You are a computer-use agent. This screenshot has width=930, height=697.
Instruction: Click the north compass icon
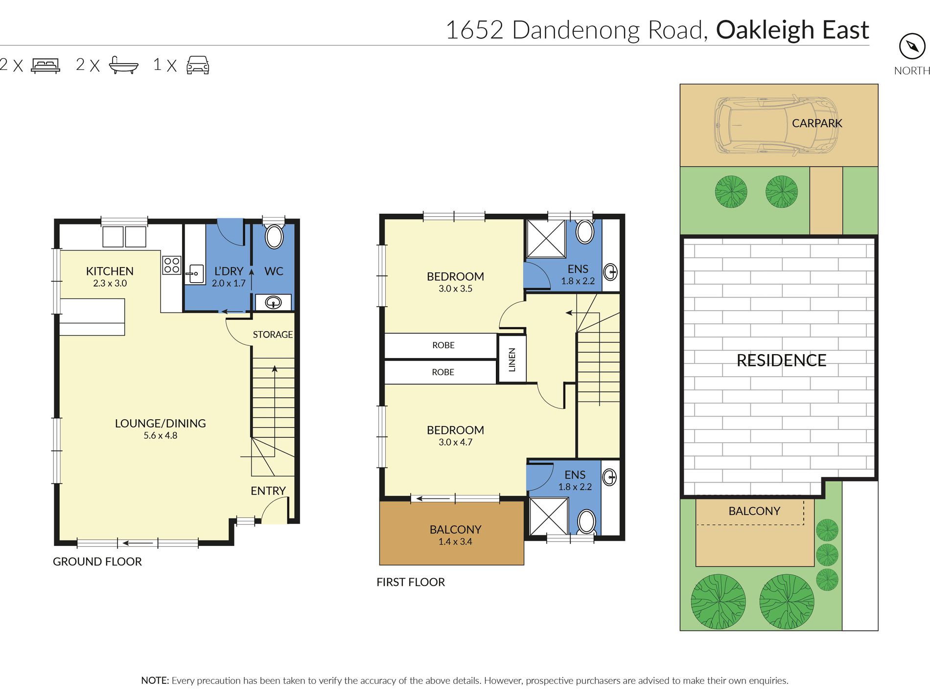click(912, 46)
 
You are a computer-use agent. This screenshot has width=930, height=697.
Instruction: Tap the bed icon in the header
click(46, 66)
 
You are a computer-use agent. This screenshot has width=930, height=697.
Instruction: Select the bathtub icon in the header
click(123, 66)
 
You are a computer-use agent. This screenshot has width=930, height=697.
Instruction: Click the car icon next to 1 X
click(198, 65)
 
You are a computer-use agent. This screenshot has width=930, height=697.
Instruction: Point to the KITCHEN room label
click(110, 271)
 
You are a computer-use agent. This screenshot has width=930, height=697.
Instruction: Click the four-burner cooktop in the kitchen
click(172, 265)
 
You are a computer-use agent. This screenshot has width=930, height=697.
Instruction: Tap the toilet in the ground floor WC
click(274, 237)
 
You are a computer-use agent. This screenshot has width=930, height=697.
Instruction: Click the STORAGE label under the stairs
click(273, 335)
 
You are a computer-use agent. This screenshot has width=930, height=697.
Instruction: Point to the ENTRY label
click(268, 491)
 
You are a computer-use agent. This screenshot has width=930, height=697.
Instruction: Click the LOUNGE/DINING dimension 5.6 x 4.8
click(161, 436)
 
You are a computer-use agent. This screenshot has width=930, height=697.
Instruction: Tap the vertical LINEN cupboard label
click(512, 360)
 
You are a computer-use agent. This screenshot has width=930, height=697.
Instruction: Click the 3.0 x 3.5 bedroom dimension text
click(455, 289)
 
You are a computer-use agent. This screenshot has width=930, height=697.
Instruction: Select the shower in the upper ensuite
click(546, 239)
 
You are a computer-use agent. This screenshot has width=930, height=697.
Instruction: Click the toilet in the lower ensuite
click(586, 521)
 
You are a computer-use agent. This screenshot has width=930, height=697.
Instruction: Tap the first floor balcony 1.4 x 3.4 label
click(455, 542)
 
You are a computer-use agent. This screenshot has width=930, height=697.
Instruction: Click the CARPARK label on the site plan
click(817, 123)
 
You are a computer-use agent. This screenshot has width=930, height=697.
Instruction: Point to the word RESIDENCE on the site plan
click(781, 360)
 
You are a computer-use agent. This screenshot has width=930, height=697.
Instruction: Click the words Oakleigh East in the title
click(792, 30)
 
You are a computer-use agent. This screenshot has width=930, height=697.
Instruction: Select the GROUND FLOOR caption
click(97, 562)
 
